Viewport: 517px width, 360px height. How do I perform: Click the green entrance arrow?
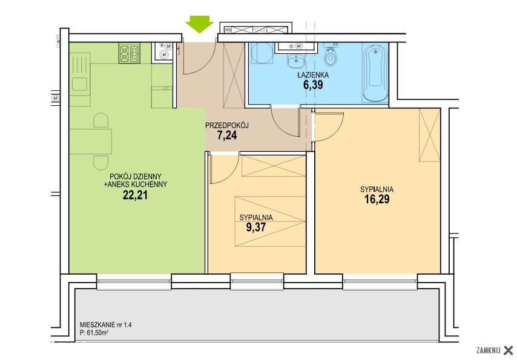tap(200, 24)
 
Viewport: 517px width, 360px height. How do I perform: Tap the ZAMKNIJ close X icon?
tap(509, 350)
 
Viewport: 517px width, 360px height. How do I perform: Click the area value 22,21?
tap(135, 195)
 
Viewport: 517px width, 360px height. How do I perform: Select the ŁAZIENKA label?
tap(313, 75)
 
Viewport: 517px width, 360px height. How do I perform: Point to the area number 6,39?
tap(313, 85)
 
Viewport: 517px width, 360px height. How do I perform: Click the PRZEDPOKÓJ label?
tap(227, 125)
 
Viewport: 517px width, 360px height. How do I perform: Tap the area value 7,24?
tap(227, 135)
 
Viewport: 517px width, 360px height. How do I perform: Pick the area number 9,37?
tap(256, 227)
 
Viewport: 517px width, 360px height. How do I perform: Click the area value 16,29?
tap(377, 199)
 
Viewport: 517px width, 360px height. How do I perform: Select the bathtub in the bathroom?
tap(375, 73)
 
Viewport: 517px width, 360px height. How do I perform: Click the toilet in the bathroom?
tap(330, 56)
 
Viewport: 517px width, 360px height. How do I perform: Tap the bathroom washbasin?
tap(296, 61)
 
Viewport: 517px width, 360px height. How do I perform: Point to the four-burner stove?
tap(130, 53)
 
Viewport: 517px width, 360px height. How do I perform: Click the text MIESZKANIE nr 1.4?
tap(105, 325)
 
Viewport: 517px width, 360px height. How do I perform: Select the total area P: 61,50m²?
tap(94, 333)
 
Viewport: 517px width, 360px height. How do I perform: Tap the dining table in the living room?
tap(91, 141)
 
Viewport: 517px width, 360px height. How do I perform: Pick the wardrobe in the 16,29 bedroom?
tap(430, 135)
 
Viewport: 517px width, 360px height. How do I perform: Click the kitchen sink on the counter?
tap(80, 83)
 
